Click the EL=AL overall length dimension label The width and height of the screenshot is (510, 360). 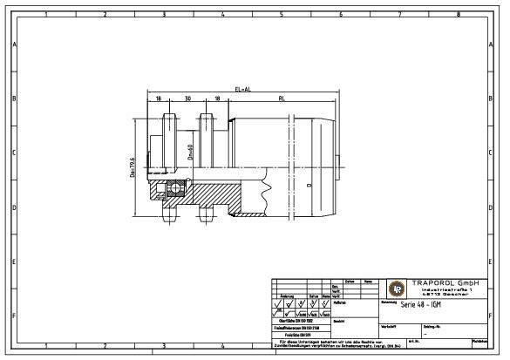click(x=242, y=89)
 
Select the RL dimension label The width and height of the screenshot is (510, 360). click(x=282, y=98)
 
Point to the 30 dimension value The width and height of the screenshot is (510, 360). click(x=187, y=98)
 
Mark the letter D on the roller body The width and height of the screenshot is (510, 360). click(x=309, y=186)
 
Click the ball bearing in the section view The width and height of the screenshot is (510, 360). click(x=175, y=187)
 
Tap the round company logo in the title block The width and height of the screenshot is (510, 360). click(x=397, y=289)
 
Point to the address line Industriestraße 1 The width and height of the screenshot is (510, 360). click(x=450, y=289)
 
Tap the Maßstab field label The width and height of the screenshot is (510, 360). click(x=341, y=302)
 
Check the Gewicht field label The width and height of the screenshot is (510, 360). click(x=341, y=320)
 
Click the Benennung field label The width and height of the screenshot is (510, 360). click(x=390, y=302)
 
